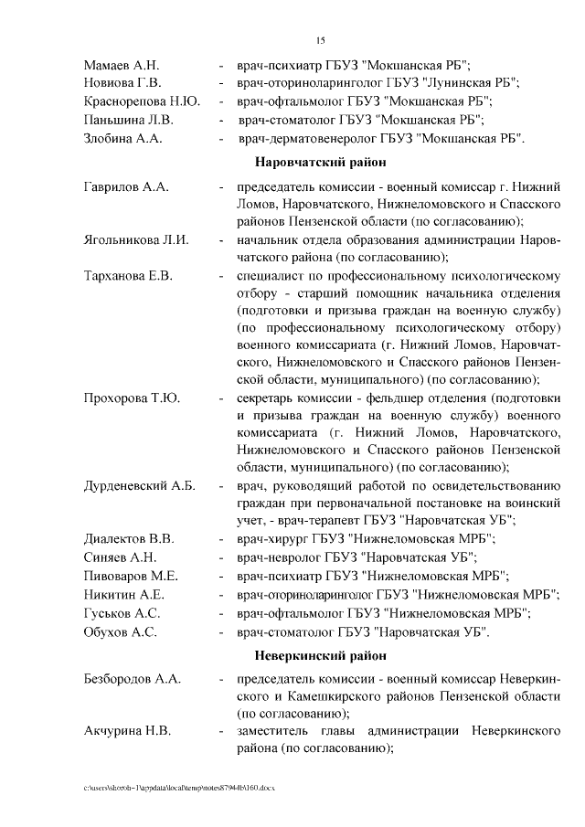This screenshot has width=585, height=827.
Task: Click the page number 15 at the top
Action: point(320,39)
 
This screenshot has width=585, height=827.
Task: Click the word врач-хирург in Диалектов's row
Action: point(275,537)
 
